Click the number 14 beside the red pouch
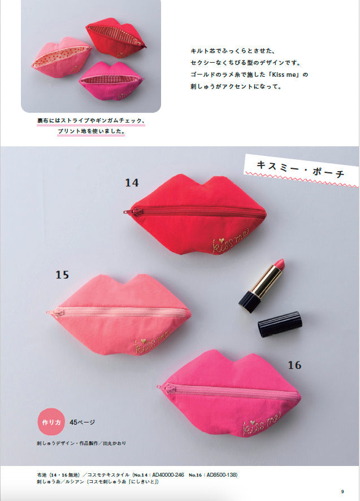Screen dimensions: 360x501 point(132,182)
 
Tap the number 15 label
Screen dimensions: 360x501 point(62,275)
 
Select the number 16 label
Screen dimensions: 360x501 point(294,365)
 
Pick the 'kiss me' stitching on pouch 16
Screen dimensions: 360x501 point(261,424)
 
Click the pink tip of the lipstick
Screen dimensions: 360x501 point(277,265)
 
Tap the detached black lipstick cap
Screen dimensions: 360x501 point(280,324)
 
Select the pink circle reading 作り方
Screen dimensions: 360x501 point(51,422)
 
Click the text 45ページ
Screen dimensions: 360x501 point(82,422)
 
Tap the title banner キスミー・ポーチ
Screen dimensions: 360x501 point(301,169)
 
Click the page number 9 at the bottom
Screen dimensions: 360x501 point(342,491)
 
